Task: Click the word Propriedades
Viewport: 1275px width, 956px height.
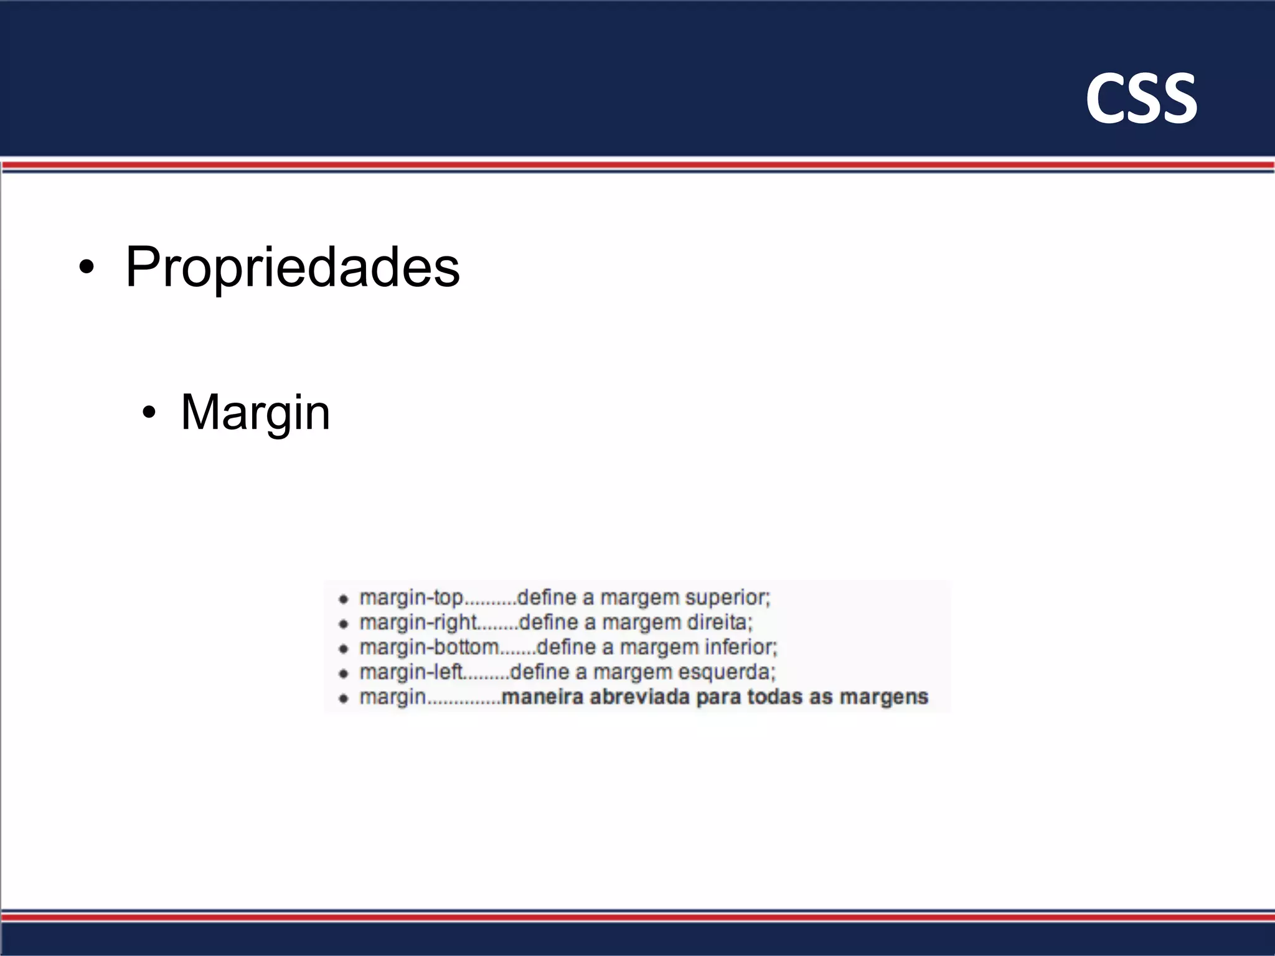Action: [292, 268]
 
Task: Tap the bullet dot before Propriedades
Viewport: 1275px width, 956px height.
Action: [87, 268]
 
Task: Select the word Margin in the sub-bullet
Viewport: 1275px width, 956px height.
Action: [255, 413]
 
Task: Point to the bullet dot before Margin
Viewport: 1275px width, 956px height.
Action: [148, 413]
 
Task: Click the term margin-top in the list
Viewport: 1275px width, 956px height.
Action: [412, 597]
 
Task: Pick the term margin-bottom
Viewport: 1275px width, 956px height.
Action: [429, 647]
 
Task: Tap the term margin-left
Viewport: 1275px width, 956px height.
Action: [412, 672]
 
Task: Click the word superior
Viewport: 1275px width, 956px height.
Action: [727, 597]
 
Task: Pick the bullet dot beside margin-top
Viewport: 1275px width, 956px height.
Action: [343, 599]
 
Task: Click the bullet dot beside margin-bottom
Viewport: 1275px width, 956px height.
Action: [343, 649]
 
